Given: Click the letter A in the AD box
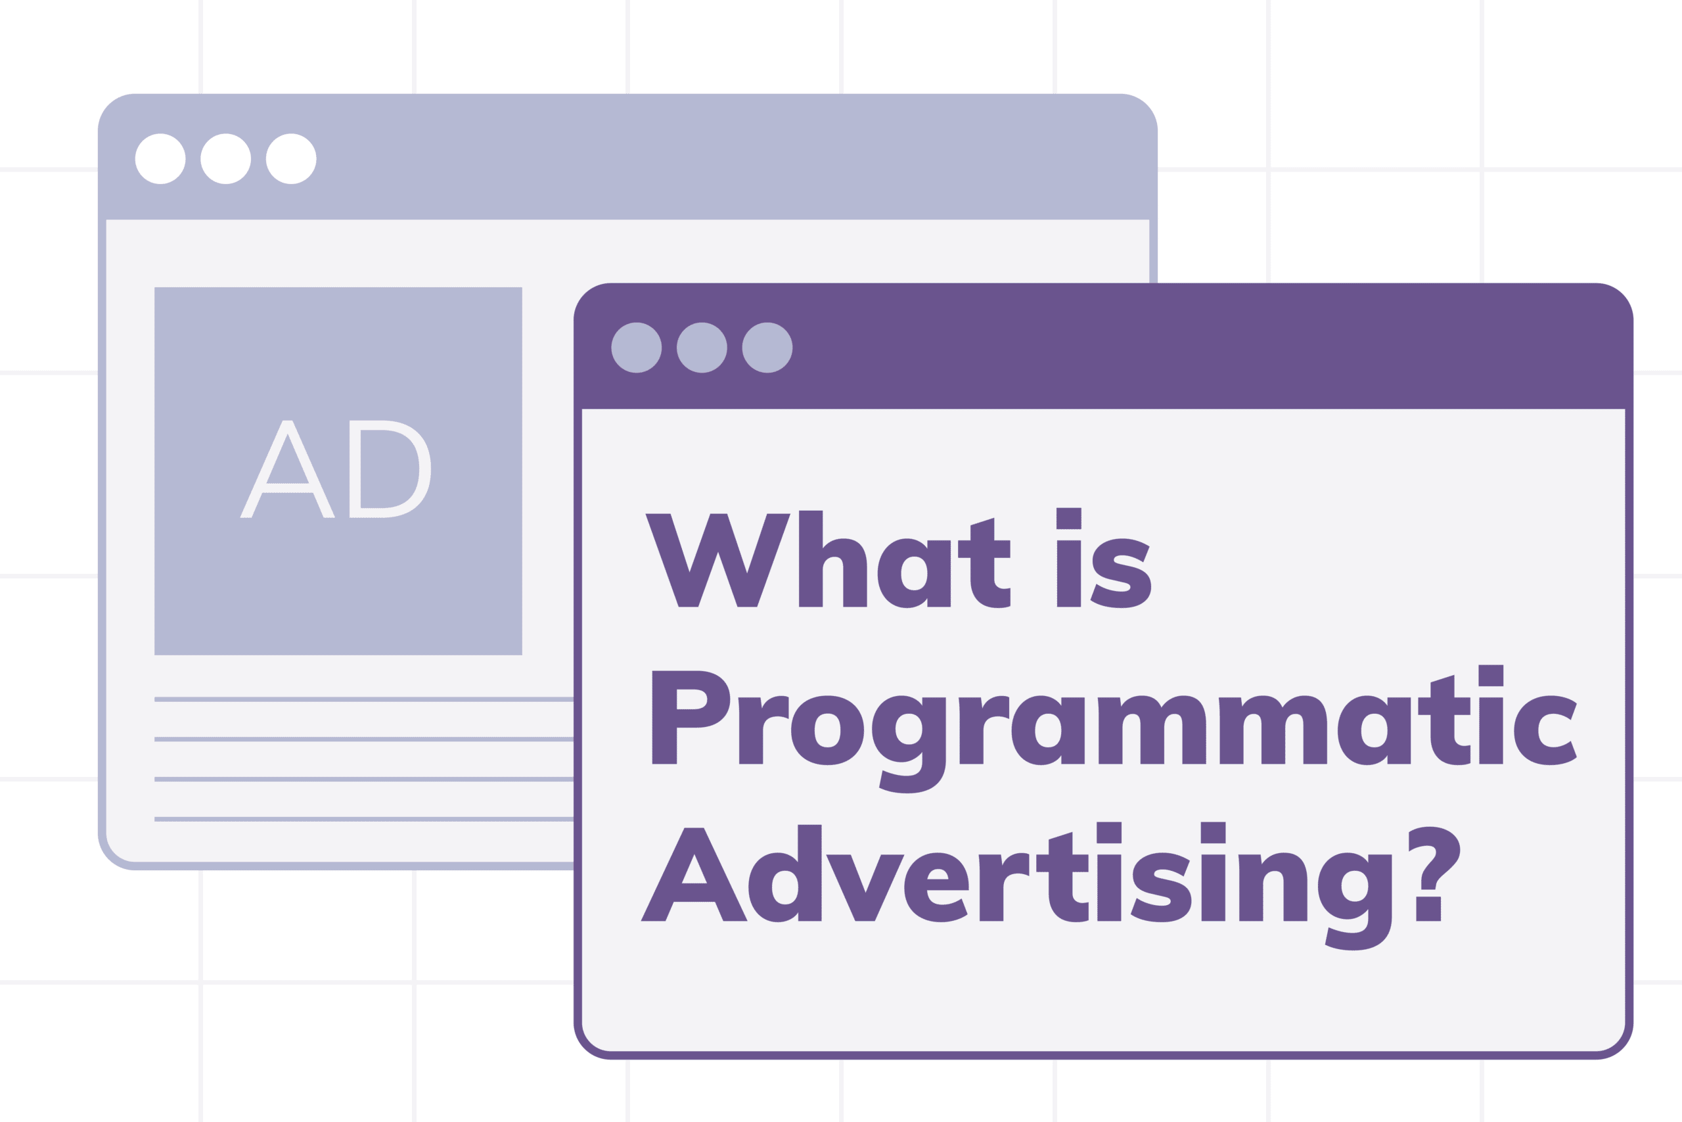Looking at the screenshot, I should pos(288,470).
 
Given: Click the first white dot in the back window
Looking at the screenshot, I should pos(160,159).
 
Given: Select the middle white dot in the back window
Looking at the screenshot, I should pos(226,159).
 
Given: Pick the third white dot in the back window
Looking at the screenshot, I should pos(291,159).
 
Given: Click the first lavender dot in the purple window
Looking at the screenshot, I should pos(637,348).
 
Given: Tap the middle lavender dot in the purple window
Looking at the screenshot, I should pos(702,348).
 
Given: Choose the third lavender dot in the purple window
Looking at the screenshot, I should pos(767,348).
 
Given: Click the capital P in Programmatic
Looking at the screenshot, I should pos(688,718).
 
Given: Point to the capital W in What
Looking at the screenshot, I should pos(717,562).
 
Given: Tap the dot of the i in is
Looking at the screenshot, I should pos(1068,519).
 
